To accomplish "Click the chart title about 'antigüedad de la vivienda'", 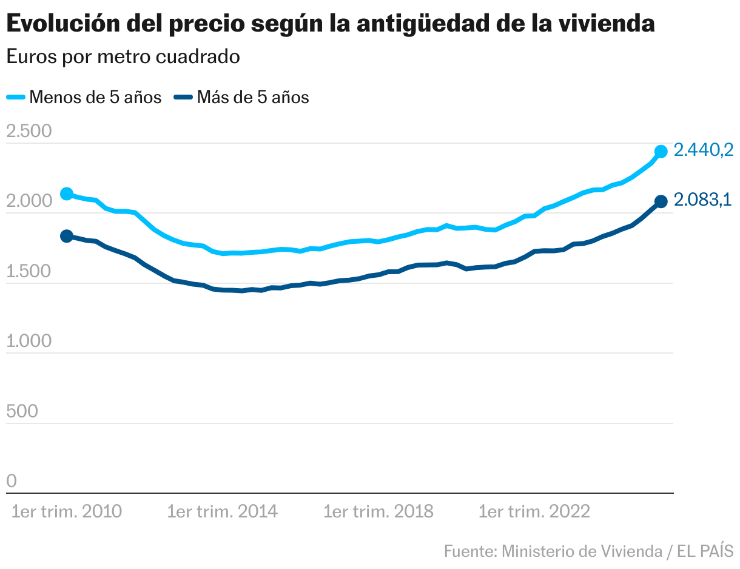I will [x=330, y=24].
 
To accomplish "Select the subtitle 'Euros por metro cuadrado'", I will [x=123, y=57].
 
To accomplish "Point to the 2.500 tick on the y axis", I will [x=29, y=132].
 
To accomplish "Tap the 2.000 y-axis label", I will [x=29, y=201].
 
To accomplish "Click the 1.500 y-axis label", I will [x=29, y=271].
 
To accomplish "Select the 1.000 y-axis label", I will [x=29, y=342].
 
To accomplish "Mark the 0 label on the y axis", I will [x=12, y=481].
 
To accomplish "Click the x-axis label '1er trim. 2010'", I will [x=67, y=512].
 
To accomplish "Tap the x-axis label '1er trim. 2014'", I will [x=223, y=512].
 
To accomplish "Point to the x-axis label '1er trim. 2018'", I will [x=378, y=512].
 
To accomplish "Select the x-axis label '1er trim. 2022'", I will [x=534, y=512].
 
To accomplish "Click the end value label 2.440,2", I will [x=704, y=150].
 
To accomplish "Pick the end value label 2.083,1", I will [x=703, y=200].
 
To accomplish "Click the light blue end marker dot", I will [x=661, y=152].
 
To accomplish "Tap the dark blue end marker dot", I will [x=661, y=201].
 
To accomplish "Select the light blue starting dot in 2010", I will [x=67, y=194].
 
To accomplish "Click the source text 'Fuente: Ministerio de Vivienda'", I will [x=553, y=551].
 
